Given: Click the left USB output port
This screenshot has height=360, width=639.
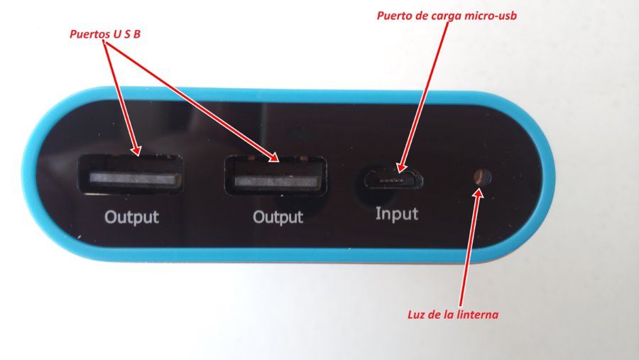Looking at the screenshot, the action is click(x=131, y=175).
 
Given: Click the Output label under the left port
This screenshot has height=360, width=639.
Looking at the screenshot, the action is click(x=131, y=217).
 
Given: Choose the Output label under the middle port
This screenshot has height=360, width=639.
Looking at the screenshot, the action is click(x=278, y=217).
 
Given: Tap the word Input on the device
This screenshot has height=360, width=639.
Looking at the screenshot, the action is click(x=396, y=214).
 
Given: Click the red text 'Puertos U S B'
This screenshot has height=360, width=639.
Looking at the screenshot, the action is click(x=105, y=34).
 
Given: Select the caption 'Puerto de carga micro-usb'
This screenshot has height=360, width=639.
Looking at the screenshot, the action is click(x=447, y=16).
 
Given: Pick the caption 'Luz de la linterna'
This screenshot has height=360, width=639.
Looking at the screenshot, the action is click(x=453, y=315).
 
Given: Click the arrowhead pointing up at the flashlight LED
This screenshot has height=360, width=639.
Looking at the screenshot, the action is click(x=479, y=194).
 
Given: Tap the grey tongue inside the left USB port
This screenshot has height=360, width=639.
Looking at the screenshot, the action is click(x=136, y=178).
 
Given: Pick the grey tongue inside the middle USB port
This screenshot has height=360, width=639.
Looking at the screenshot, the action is click(x=276, y=180).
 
